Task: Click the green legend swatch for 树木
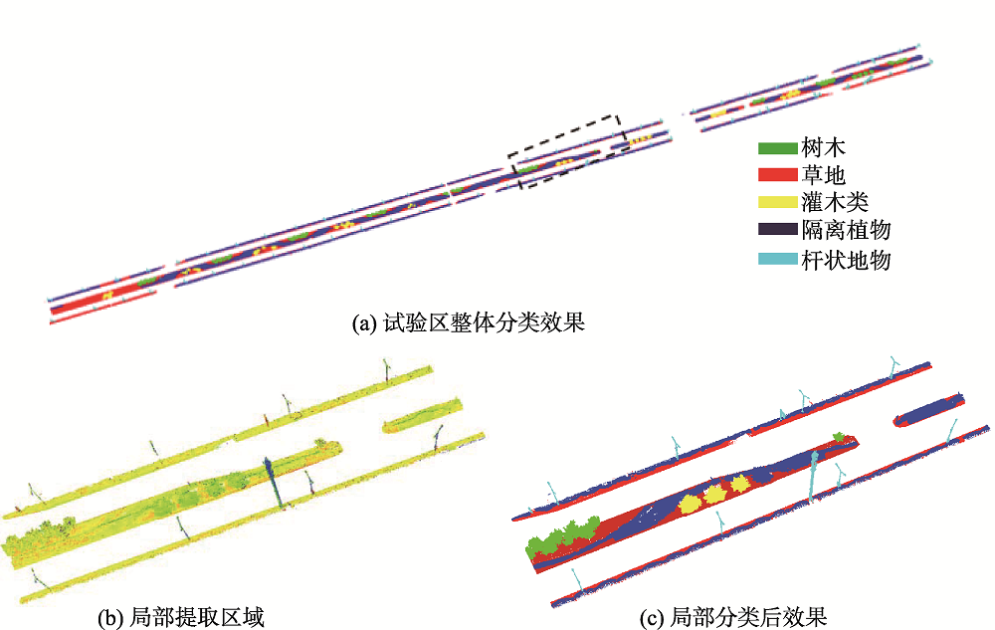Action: click(777, 148)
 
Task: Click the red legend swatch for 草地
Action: click(777, 175)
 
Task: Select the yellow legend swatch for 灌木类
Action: click(777, 202)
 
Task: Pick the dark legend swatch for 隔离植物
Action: click(777, 229)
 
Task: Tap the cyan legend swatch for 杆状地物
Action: click(777, 259)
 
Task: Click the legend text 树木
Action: click(823, 148)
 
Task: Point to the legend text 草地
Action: click(823, 174)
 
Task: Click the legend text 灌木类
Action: click(835, 202)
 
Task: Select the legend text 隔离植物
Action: click(846, 230)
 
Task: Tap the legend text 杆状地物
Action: click(846, 260)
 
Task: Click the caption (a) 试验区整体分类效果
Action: click(469, 322)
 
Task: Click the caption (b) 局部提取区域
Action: click(181, 617)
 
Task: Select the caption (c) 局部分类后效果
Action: click(733, 617)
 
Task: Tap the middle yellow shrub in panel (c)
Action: click(715, 494)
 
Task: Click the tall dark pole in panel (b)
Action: click(275, 481)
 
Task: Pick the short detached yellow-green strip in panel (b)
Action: click(423, 416)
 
